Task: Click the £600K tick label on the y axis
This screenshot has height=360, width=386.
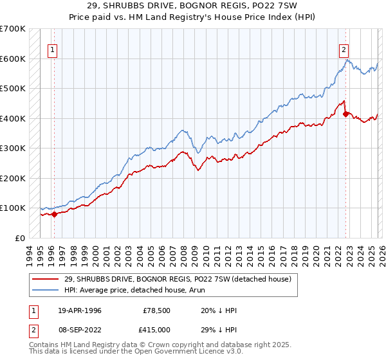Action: click(13, 59)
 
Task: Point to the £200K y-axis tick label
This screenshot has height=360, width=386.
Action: click(13, 178)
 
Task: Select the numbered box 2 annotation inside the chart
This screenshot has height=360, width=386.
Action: click(344, 49)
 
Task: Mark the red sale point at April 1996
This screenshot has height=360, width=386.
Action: click(55, 215)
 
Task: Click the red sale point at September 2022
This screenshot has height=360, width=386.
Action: click(345, 114)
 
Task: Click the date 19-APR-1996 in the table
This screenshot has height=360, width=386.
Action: click(79, 310)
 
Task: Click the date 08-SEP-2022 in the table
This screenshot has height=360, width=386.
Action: click(79, 330)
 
